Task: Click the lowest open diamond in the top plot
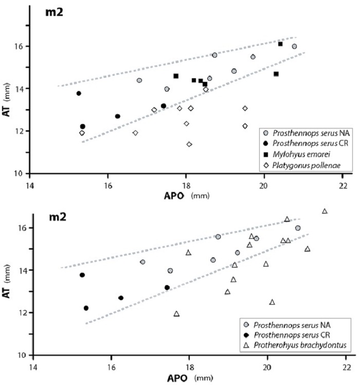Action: click(x=189, y=144)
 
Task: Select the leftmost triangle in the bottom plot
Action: click(x=176, y=313)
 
